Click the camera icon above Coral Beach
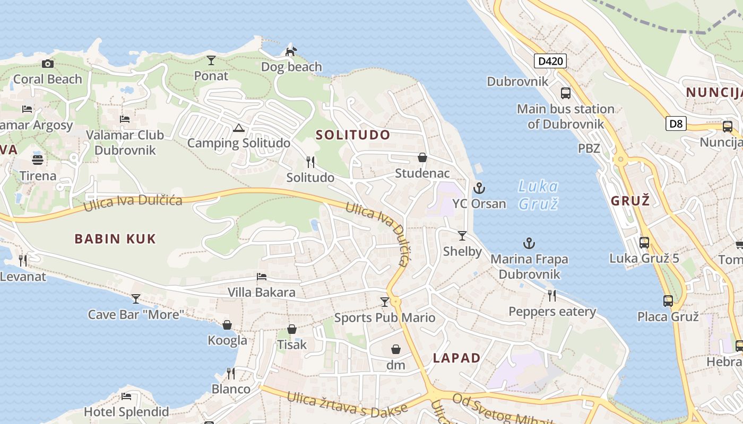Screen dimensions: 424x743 click(48, 64)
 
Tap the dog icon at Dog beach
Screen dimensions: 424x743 click(291, 51)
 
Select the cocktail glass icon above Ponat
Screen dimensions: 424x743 click(211, 60)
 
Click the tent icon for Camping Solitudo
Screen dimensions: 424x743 click(239, 128)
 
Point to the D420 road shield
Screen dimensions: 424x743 click(550, 61)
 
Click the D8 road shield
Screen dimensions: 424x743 click(676, 124)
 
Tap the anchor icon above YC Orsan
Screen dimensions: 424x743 click(479, 188)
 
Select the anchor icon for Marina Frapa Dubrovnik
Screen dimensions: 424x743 click(529, 244)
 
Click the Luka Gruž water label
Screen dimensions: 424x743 click(538, 195)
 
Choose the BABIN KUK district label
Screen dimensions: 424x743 click(115, 239)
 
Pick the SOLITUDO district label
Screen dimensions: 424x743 click(353, 135)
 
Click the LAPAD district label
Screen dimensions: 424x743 click(456, 358)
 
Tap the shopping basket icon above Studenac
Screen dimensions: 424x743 click(422, 157)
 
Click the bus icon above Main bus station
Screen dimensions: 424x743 click(566, 93)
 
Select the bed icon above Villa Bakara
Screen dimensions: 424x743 click(262, 277)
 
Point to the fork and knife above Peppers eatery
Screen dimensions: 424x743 click(552, 296)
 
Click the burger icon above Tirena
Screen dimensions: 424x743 click(38, 160)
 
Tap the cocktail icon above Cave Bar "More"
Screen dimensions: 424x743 click(136, 299)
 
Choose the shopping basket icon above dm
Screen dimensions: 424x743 click(396, 349)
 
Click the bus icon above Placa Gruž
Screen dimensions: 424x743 click(668, 301)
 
